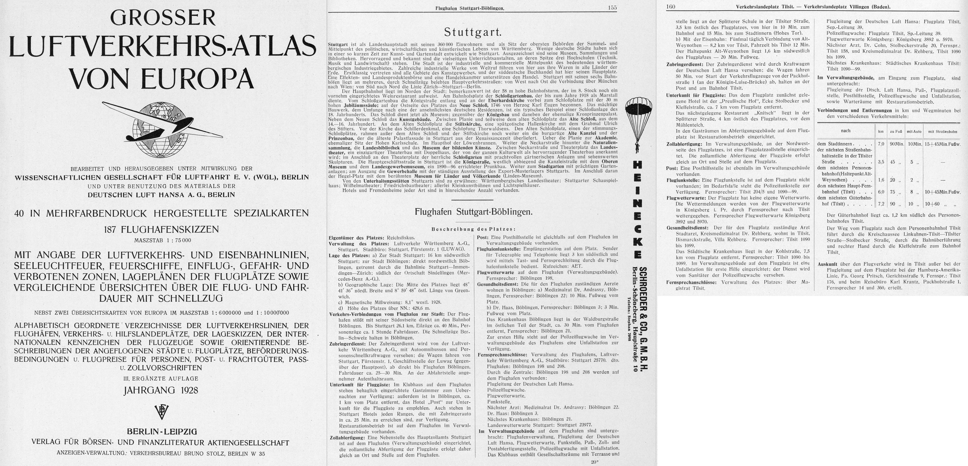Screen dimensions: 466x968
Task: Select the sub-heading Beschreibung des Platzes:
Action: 473,229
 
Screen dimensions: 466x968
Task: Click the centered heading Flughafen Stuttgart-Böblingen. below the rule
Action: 473,212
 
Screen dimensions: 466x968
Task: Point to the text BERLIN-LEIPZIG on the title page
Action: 162,431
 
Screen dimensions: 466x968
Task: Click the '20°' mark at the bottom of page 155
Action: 594,462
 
